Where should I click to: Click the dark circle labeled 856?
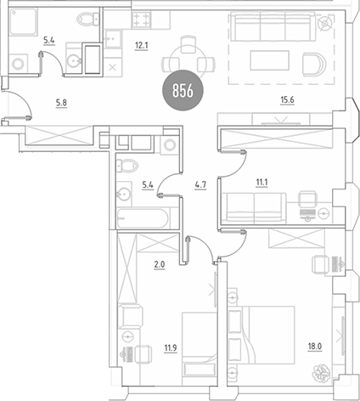pos(179,91)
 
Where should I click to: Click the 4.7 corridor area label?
pos(201,182)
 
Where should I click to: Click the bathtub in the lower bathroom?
pos(143,217)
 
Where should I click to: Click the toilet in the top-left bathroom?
pos(84,20)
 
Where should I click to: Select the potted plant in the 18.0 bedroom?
pos(323,373)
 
